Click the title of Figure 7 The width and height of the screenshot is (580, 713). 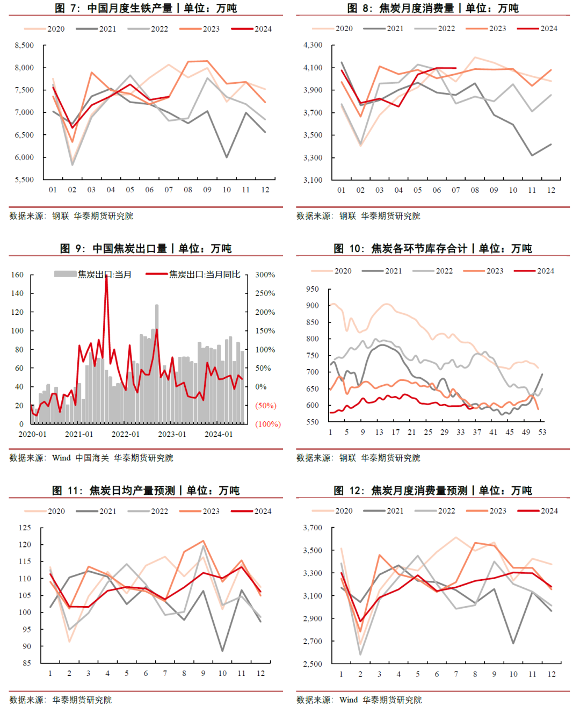click(x=146, y=8)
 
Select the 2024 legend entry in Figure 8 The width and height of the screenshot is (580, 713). click(x=548, y=28)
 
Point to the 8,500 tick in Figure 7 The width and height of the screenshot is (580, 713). click(x=24, y=46)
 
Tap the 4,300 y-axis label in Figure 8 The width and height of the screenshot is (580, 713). click(x=313, y=45)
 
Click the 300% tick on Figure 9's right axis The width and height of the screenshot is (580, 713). click(x=265, y=275)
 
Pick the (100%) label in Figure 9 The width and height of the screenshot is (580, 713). click(x=267, y=424)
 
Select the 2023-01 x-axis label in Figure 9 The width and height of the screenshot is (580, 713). click(x=172, y=434)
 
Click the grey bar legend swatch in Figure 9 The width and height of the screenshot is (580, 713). click(x=65, y=274)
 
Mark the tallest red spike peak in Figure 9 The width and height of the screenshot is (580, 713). click(x=106, y=276)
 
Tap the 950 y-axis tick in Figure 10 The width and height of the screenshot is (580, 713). click(x=312, y=289)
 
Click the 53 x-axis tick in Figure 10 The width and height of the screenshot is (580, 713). click(x=542, y=432)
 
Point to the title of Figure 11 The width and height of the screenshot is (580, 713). click(x=146, y=491)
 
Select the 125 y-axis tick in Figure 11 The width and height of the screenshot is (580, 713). click(x=25, y=528)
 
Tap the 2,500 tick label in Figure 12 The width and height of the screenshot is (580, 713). click(x=313, y=664)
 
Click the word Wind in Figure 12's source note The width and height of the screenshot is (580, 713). click(x=349, y=700)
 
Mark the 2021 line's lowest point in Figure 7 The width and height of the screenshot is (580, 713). click(x=227, y=157)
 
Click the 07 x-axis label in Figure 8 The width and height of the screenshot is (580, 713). click(x=456, y=190)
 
